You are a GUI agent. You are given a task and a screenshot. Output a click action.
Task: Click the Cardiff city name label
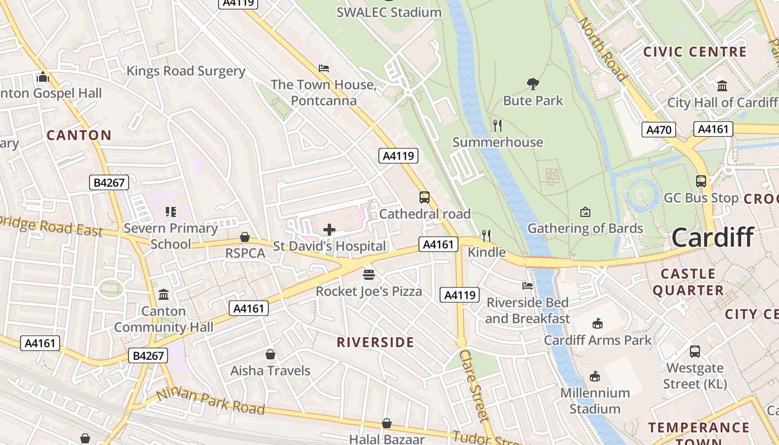[x=712, y=238]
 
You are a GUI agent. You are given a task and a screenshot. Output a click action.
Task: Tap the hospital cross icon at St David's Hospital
[x=329, y=229]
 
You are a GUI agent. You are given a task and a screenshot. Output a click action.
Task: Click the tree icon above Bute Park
[x=533, y=84]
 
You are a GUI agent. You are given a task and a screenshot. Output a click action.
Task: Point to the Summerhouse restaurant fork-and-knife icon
[x=497, y=126]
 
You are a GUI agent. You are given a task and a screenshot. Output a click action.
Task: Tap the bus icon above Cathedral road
[x=425, y=197]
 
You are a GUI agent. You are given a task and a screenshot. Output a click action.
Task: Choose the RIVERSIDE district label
[x=375, y=342]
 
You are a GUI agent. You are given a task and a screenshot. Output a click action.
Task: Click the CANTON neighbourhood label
[x=79, y=135]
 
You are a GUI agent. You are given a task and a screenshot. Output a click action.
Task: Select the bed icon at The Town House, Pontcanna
[x=324, y=68]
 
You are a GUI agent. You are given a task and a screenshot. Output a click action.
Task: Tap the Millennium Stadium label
[x=595, y=400]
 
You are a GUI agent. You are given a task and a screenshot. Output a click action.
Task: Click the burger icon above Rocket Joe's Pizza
[x=368, y=274]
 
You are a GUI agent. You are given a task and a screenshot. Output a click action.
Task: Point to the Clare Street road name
[x=474, y=385]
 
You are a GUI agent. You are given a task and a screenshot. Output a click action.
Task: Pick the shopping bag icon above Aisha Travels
[x=270, y=354]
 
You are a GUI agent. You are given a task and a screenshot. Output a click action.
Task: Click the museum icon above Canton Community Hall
[x=164, y=294]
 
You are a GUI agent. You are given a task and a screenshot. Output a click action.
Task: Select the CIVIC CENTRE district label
[x=695, y=52]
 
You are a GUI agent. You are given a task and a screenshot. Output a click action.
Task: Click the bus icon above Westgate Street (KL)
[x=695, y=351]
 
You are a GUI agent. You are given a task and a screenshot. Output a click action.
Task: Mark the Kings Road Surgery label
[x=186, y=71]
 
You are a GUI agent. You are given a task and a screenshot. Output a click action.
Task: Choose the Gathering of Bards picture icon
[x=585, y=212]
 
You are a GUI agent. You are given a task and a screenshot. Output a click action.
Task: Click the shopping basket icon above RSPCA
[x=244, y=237]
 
